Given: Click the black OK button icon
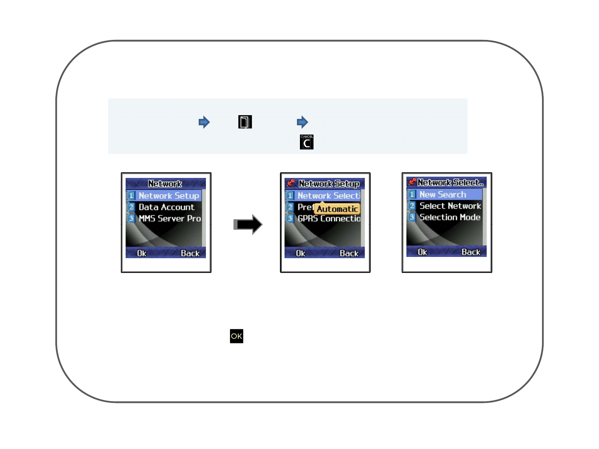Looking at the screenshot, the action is (236, 336).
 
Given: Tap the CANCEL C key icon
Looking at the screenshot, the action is (307, 142).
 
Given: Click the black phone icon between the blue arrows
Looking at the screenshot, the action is (245, 122).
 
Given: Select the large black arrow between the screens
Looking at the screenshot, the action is (248, 224).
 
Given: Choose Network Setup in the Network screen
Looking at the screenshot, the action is (168, 196).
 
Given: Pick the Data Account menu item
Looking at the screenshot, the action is (166, 207).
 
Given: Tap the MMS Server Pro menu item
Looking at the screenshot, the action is (169, 218).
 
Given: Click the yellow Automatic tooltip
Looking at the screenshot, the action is (337, 209).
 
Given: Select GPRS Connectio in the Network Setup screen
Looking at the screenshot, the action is (329, 218).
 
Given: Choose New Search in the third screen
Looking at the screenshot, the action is (442, 195).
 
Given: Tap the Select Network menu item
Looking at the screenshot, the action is (450, 206).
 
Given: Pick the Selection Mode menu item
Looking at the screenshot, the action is (449, 217).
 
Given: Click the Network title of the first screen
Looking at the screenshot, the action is (165, 184).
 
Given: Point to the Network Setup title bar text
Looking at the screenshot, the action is (329, 184).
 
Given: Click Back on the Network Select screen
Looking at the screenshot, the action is (471, 252).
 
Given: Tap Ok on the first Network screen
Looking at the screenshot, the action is (142, 253).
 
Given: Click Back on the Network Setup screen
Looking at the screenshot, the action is (349, 253).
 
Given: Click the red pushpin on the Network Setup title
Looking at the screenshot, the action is (291, 183).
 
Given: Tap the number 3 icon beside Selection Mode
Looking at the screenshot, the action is (412, 217).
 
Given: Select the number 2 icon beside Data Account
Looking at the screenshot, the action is (131, 207).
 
